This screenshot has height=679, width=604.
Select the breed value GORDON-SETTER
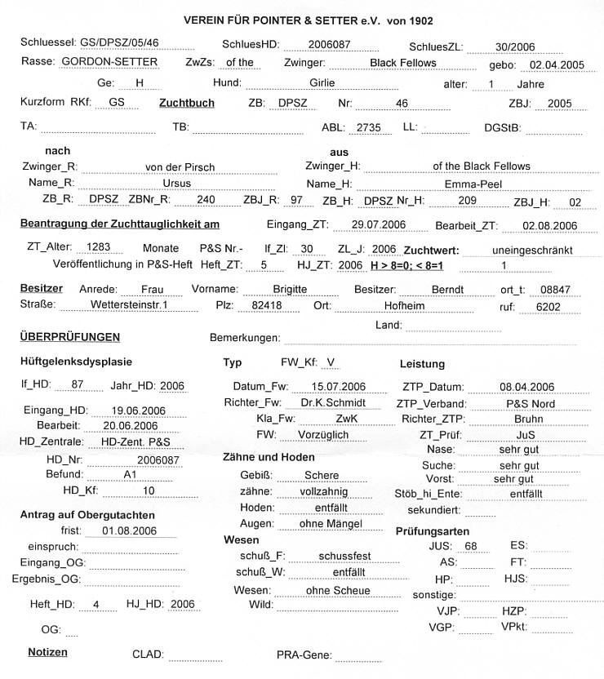[x=109, y=62]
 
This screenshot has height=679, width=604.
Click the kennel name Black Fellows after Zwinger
[x=402, y=63]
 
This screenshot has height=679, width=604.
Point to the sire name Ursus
[x=177, y=184]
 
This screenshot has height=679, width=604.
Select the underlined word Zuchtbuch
[x=188, y=104]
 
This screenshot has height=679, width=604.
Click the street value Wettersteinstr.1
[x=131, y=305]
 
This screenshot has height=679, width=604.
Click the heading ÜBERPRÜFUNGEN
[x=69, y=337]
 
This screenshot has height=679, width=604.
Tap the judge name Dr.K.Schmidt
[x=327, y=402]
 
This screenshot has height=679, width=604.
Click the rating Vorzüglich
[x=323, y=435]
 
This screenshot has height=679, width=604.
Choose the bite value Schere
[x=321, y=475]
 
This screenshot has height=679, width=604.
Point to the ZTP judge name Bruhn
[x=506, y=419]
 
